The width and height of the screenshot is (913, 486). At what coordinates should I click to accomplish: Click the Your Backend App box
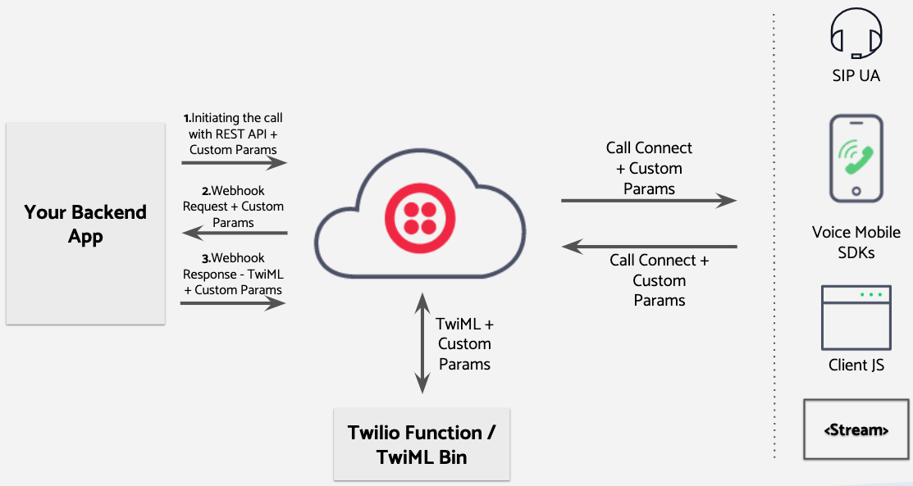pyautogui.click(x=85, y=224)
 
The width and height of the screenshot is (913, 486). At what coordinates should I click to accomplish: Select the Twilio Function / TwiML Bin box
pyautogui.click(x=421, y=444)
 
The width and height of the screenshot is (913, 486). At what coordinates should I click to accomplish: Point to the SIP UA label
pyautogui.click(x=856, y=75)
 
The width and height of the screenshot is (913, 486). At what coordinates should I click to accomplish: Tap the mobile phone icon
pyautogui.click(x=856, y=159)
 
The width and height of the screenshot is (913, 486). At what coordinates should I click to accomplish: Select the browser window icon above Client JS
pyautogui.click(x=856, y=318)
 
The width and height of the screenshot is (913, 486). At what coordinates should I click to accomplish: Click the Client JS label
pyautogui.click(x=856, y=365)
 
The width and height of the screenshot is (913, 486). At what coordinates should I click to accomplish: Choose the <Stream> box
pyautogui.click(x=856, y=429)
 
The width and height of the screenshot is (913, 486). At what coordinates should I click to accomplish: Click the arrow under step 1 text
pyautogui.click(x=234, y=163)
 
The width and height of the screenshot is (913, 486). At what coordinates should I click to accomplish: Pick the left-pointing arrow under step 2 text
pyautogui.click(x=234, y=234)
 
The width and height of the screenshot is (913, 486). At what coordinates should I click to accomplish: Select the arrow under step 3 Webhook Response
pyautogui.click(x=234, y=303)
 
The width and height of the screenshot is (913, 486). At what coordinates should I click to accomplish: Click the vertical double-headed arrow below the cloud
pyautogui.click(x=422, y=343)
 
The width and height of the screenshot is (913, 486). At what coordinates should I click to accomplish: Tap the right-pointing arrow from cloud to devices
pyautogui.click(x=648, y=201)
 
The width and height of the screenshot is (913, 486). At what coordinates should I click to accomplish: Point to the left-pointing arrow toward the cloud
pyautogui.click(x=648, y=246)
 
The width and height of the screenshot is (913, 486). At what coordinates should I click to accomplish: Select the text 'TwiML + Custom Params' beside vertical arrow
pyautogui.click(x=464, y=344)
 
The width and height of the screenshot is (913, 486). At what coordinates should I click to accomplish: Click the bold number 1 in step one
pyautogui.click(x=186, y=119)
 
